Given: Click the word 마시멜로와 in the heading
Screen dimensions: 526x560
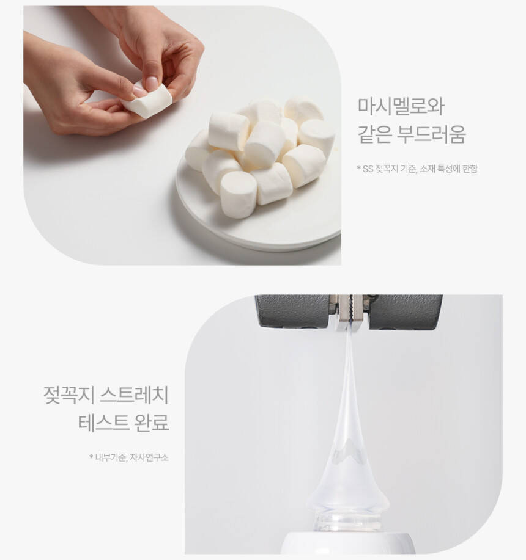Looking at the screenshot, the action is coord(401,106).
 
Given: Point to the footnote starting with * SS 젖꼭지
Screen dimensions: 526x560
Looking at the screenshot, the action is coord(417,169).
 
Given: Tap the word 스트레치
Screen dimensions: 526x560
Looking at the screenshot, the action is coord(134,395).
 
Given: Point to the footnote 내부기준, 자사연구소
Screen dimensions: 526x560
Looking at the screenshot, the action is coord(128,457).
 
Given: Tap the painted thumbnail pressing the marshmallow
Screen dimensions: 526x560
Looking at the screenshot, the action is coord(151,84).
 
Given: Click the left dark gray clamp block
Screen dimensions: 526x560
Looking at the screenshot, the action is coord(292,311).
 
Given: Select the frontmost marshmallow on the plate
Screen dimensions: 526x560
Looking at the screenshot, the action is coord(238,195).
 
